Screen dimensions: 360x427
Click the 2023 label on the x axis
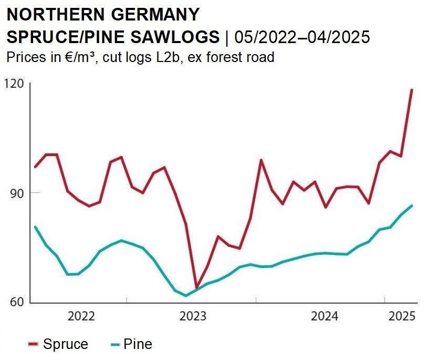tap(193, 316)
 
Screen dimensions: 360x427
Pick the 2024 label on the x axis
tap(325, 316)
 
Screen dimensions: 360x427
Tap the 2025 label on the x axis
tap(402, 316)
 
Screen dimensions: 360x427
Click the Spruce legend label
tap(66, 344)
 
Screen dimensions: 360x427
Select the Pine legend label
tap(138, 344)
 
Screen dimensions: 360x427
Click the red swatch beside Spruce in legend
tap(33, 345)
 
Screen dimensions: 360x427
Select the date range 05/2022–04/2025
tap(302, 37)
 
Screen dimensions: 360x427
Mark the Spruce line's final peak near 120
tap(412, 90)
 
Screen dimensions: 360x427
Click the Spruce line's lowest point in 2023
tap(196, 288)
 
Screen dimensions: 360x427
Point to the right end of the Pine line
tap(412, 205)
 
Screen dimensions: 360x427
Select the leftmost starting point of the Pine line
tap(35, 227)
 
